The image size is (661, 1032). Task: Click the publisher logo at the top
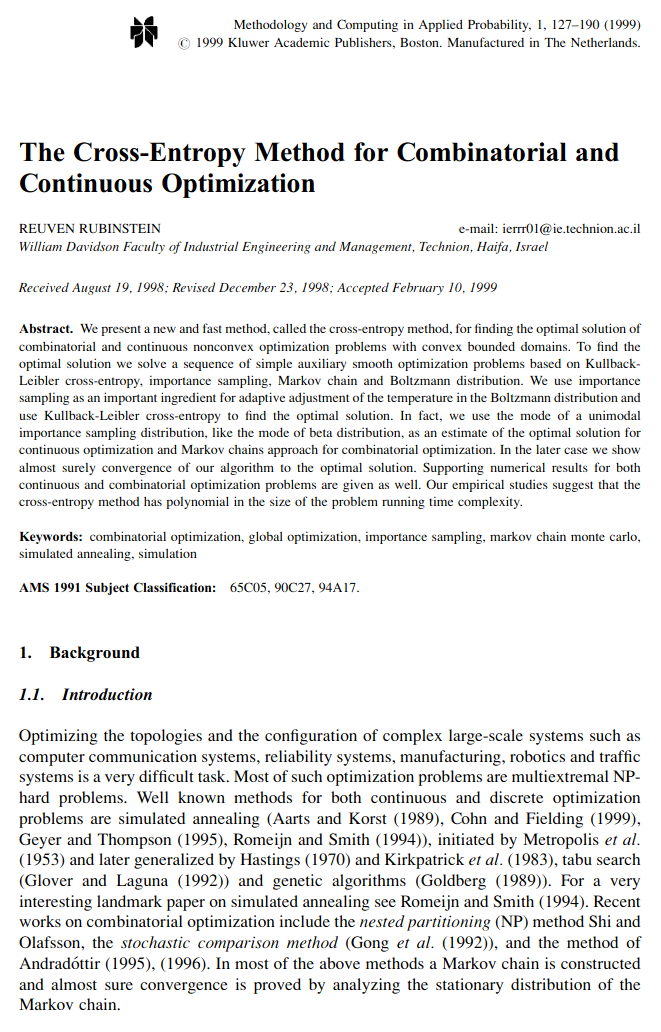click(145, 33)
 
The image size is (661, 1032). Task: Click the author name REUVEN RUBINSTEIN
click(90, 229)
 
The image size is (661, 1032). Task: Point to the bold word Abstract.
click(46, 328)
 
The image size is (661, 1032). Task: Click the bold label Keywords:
click(51, 537)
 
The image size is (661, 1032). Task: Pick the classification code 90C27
click(291, 587)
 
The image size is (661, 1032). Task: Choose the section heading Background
click(95, 653)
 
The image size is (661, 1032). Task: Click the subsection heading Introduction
click(107, 695)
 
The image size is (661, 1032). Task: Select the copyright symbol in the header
click(182, 43)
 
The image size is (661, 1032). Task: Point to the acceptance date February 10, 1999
click(440, 288)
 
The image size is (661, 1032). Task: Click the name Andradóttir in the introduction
click(62, 963)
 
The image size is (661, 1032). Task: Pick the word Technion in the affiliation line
click(444, 246)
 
